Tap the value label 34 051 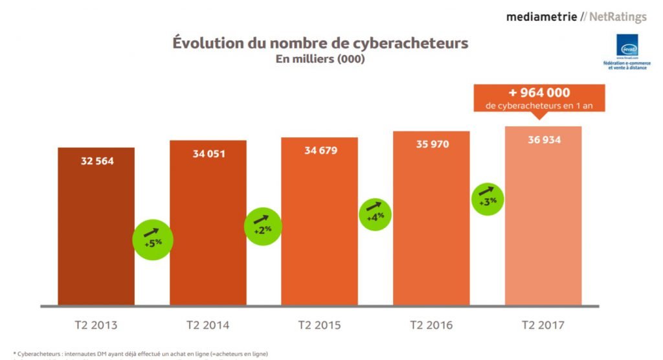208,154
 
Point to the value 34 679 320,150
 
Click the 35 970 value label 432,144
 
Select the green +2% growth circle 263,226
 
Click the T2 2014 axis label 208,325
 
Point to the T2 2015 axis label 320,325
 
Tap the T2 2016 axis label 431,325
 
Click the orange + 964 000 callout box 539,98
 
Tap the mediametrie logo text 541,16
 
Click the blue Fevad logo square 627,46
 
